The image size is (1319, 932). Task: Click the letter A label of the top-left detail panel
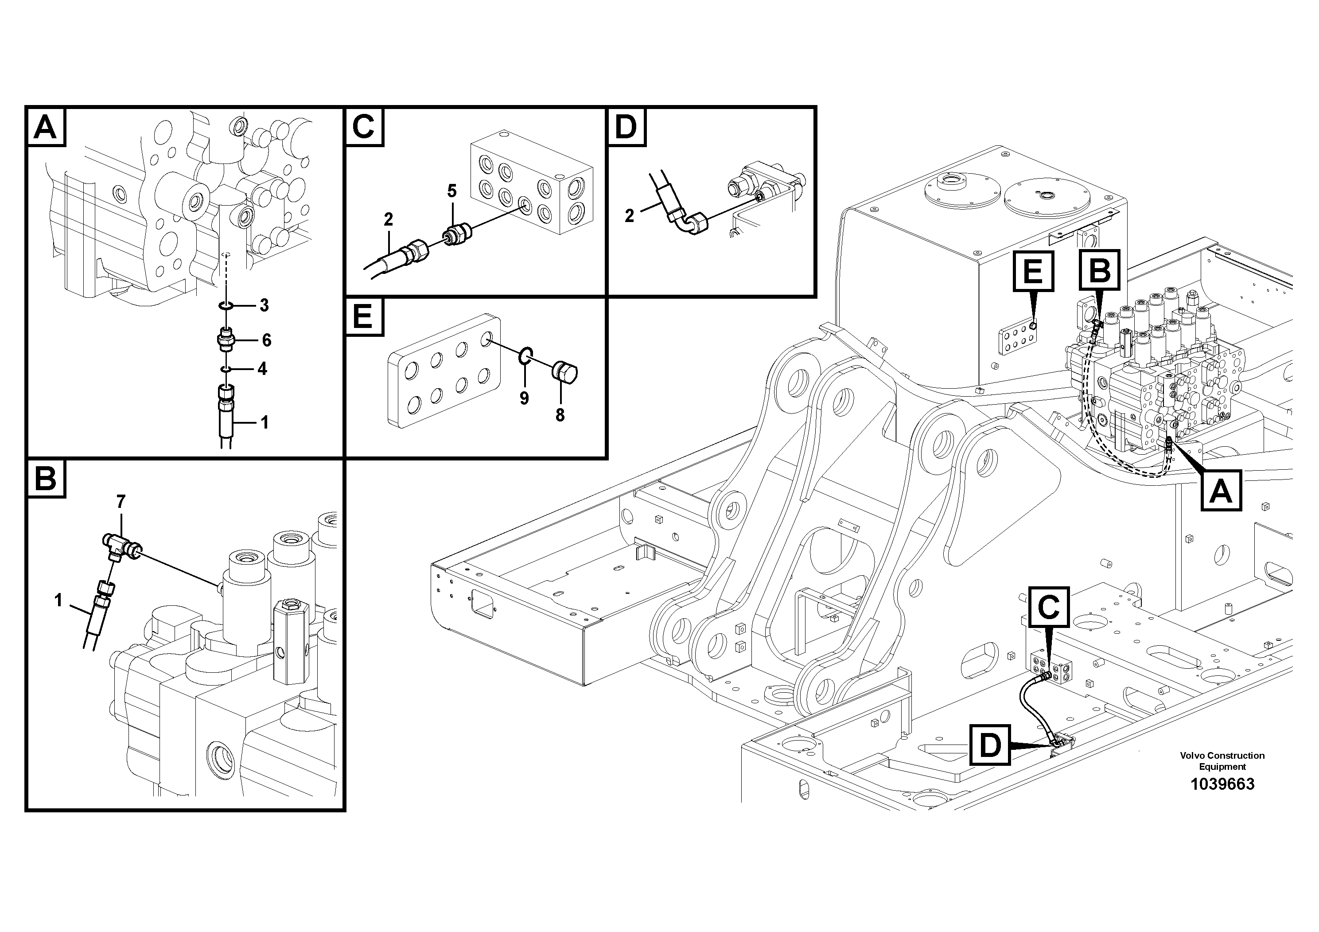[45, 127]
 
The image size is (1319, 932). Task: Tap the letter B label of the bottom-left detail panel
[45, 478]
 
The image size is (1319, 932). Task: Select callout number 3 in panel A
[264, 305]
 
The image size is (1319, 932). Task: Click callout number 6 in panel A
[266, 340]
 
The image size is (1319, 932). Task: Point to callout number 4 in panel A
[262, 368]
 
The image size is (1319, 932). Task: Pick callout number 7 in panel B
[121, 502]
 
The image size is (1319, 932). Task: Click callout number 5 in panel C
[451, 191]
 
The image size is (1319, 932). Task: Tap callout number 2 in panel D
[629, 216]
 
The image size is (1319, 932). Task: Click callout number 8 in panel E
[560, 414]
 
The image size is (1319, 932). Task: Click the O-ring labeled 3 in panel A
[226, 305]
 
